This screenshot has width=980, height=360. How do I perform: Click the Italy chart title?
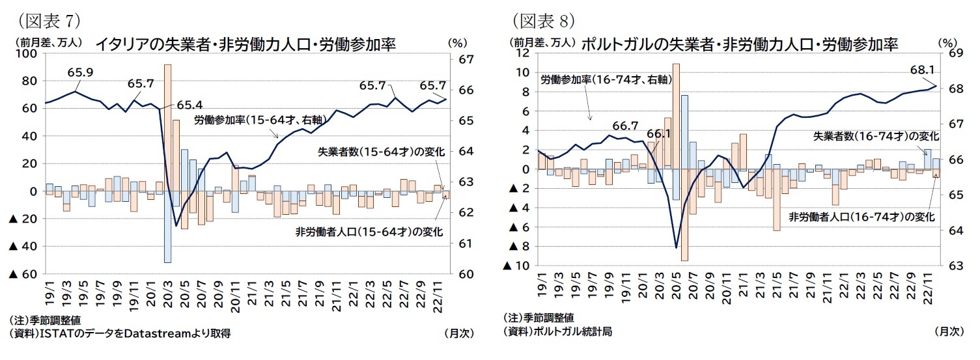pyautogui.click(x=245, y=44)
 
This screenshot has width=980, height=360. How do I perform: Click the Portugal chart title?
pyautogui.click(x=738, y=44)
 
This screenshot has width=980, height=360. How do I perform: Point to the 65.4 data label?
pyautogui.click(x=189, y=104)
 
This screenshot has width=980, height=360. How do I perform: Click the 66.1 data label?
pyautogui.click(x=659, y=135)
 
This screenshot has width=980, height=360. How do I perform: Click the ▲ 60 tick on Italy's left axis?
pyautogui.click(x=23, y=274)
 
